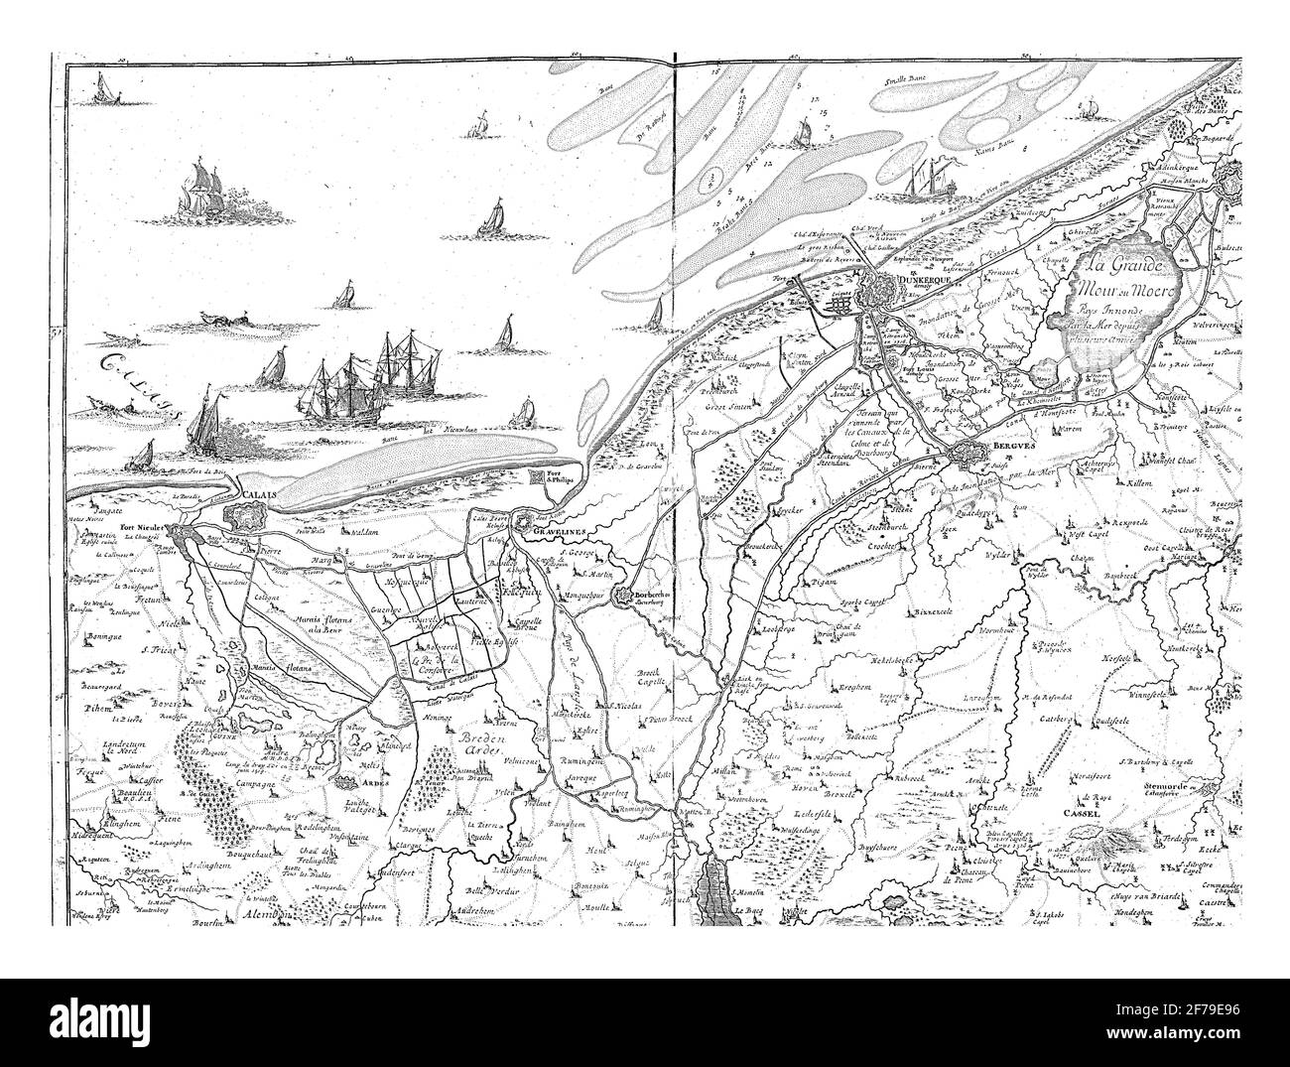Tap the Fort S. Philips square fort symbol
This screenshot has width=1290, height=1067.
tap(544, 479)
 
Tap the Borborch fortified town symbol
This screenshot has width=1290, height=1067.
tap(625, 598)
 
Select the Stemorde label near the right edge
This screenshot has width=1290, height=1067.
tap(1204, 784)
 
